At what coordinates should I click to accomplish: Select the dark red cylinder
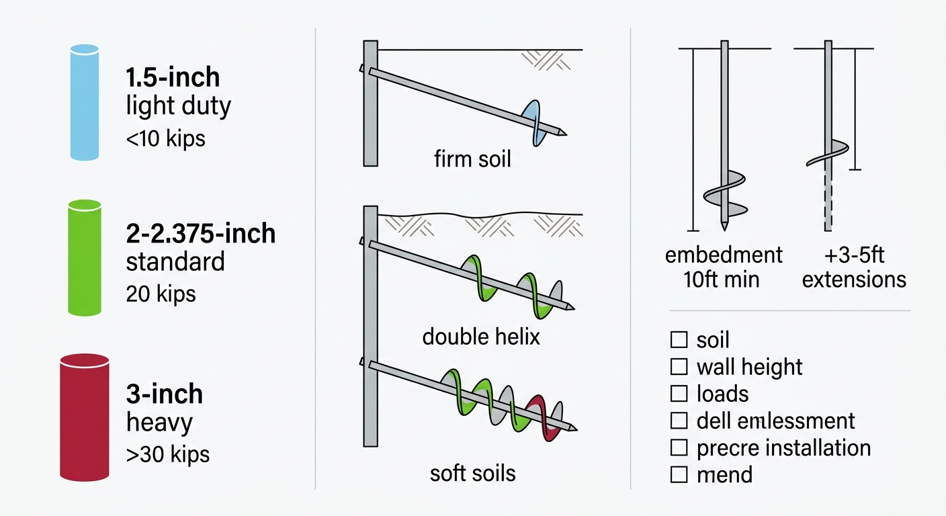pos(85,418)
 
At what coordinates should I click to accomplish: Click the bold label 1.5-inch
pos(173,78)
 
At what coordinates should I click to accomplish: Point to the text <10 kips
pos(165,139)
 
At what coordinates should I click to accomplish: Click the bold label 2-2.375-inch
pos(200,234)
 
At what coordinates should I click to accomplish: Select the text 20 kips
pos(161,294)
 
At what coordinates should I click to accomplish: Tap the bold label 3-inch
pos(164,394)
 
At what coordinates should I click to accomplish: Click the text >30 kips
pos(167,454)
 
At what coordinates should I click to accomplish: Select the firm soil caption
pos(472,159)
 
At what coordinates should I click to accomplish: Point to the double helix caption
pos(480,336)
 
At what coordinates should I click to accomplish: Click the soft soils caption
pos(472,472)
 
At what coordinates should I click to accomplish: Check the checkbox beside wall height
pos(679,367)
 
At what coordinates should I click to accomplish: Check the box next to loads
pos(679,394)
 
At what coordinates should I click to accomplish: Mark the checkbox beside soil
pos(679,340)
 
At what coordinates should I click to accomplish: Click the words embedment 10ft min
pos(723,267)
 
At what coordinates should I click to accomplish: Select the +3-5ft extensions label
pos(853,267)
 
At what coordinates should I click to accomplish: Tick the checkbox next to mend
pos(679,474)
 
